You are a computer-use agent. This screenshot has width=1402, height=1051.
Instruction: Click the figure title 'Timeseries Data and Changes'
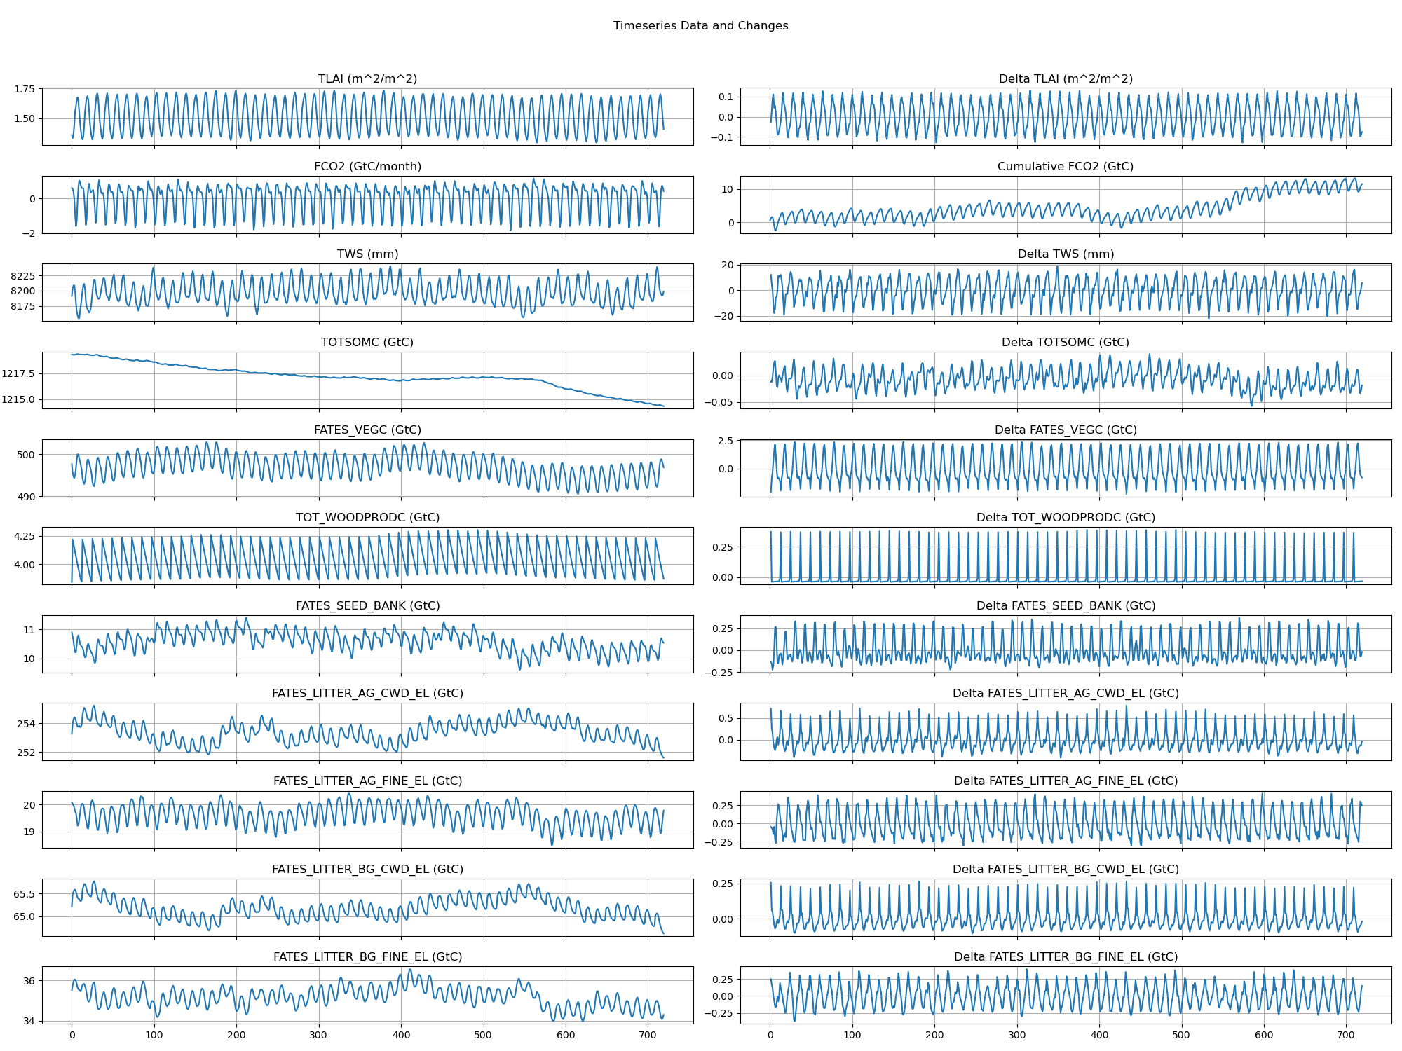click(x=700, y=26)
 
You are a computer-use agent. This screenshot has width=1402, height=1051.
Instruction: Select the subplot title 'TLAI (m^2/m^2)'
click(x=367, y=78)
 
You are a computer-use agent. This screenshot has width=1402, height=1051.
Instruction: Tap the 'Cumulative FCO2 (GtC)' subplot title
click(x=1066, y=166)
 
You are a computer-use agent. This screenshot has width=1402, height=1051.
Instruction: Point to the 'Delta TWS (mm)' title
click(x=1066, y=254)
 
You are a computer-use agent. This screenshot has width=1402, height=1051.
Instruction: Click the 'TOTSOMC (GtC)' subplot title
click(x=367, y=342)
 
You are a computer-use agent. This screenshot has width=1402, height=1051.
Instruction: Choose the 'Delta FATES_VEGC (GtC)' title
click(x=1066, y=430)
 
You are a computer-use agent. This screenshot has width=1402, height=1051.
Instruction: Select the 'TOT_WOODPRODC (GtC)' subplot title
click(x=367, y=517)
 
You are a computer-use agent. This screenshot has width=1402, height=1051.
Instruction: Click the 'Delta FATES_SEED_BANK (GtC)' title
click(x=1066, y=605)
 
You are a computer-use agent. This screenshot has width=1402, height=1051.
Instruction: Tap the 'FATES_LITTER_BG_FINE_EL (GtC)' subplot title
click(x=367, y=956)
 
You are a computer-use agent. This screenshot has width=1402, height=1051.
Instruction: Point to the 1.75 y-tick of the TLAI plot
click(x=24, y=90)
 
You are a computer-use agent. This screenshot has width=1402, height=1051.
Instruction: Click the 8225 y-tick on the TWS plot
click(x=22, y=276)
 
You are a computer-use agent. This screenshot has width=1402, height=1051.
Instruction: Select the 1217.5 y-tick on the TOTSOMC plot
click(x=18, y=373)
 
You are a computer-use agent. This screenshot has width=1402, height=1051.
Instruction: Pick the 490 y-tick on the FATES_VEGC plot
click(x=26, y=497)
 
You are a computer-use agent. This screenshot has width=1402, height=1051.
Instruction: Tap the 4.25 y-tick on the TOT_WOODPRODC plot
click(x=24, y=536)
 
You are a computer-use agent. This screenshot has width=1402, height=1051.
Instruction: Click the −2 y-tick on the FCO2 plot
click(x=28, y=233)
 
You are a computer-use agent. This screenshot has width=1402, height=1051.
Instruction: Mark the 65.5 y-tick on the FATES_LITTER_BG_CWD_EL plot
click(x=24, y=894)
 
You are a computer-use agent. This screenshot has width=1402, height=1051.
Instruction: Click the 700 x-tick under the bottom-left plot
click(x=648, y=1035)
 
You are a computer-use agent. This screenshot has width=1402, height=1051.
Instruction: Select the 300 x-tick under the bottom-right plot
click(x=1017, y=1035)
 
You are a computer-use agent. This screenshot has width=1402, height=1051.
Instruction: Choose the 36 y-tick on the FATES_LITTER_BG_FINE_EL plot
click(x=29, y=981)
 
